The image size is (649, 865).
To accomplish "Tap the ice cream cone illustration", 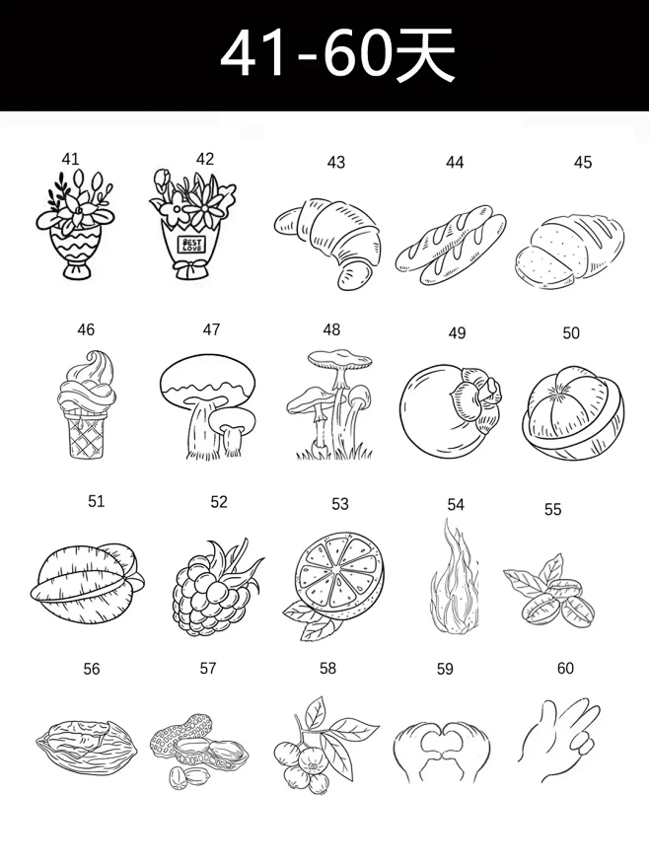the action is click(x=86, y=403).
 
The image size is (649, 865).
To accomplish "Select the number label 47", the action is click(x=211, y=329).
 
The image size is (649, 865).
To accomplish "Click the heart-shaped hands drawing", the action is click(x=442, y=751).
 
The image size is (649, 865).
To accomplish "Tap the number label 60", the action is click(x=565, y=668).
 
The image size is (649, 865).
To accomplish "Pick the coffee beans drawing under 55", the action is click(x=549, y=593).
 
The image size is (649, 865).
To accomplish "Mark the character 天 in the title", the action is click(x=425, y=54).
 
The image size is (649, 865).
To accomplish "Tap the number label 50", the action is click(x=571, y=332).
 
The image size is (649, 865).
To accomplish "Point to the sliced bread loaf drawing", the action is click(x=570, y=250).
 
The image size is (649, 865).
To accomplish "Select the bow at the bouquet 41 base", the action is click(x=78, y=271).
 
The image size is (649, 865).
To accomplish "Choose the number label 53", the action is click(x=340, y=504).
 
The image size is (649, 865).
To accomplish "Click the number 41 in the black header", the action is click(x=253, y=55).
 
